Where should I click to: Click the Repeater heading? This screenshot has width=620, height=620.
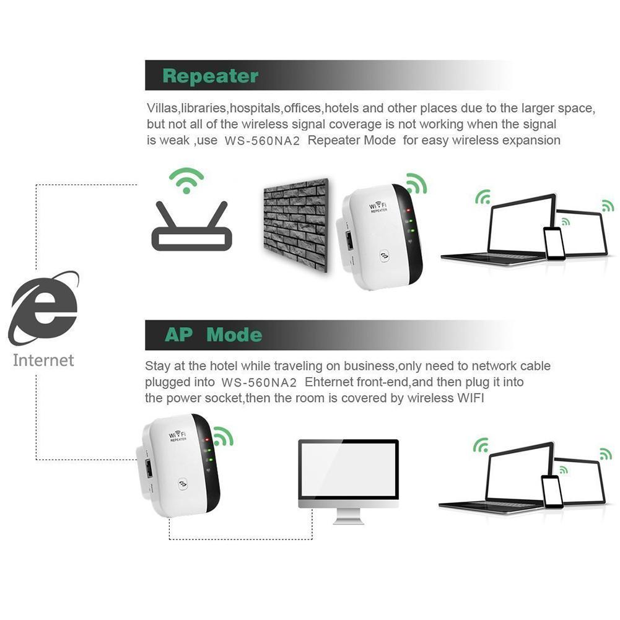coord(210,76)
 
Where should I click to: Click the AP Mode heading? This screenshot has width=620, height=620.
coord(212,335)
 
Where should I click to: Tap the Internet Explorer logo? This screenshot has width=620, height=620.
coord(43,307)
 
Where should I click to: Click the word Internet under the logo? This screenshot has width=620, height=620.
coord(43,360)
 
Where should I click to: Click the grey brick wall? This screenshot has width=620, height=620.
coord(294,224)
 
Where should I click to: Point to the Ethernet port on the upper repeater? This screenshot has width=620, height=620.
coord(349,242)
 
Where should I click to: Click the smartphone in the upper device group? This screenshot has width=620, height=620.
coord(554,243)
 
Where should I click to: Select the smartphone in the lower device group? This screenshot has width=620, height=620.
coord(551,491)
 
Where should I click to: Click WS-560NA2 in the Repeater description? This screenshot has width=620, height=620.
coord(262,141)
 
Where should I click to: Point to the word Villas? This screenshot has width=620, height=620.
coord(162,108)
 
